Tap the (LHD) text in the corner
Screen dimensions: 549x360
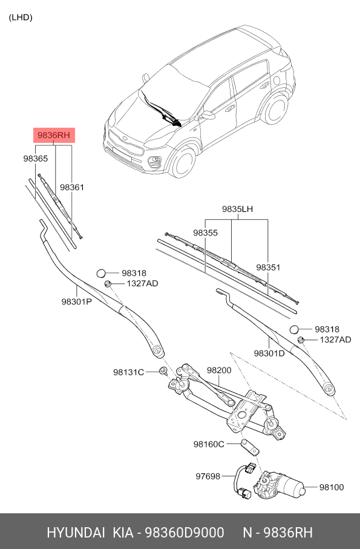[21, 17]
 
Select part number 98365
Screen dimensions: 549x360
[35, 158]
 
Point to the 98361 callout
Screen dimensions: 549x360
[71, 188]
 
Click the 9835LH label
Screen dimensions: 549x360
[237, 209]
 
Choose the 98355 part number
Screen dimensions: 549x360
[205, 232]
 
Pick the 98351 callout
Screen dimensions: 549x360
[268, 267]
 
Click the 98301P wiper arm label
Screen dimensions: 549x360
[76, 301]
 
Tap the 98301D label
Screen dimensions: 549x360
[269, 353]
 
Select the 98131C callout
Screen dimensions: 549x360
[128, 372]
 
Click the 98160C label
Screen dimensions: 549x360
[209, 444]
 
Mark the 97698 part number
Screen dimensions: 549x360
[209, 477]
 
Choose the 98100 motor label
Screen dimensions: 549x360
[331, 486]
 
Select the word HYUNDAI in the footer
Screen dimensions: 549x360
[75, 533]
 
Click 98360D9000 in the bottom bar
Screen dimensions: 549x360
[186, 533]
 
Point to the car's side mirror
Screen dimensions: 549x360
[209, 114]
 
